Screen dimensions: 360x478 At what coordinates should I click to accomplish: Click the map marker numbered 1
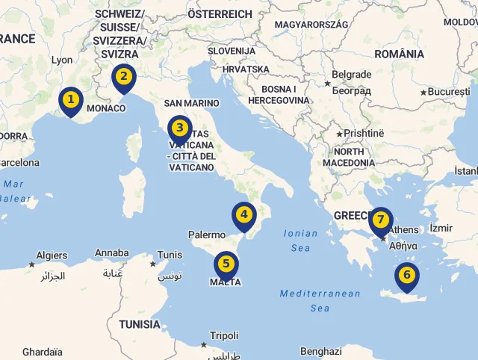pos(71,99)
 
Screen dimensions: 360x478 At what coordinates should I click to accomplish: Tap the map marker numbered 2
pos(123,76)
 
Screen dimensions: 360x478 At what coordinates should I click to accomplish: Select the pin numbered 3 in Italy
pos(179,128)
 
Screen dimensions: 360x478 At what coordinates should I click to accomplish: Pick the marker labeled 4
pos(243,216)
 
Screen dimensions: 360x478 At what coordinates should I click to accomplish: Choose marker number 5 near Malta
pos(226,264)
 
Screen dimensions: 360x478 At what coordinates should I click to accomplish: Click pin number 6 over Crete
pos(407,276)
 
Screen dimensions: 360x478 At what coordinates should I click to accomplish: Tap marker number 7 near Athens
pos(380,220)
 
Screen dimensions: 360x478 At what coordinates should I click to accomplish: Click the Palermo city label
pos(206,235)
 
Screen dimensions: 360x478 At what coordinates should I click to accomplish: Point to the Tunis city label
pos(170,255)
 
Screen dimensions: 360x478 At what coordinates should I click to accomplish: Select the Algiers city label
pos(52,255)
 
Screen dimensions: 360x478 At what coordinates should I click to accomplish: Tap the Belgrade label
pos(351,75)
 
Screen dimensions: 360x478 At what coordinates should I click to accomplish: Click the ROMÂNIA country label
pos(400,54)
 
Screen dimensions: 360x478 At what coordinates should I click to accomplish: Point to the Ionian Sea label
pos(301,240)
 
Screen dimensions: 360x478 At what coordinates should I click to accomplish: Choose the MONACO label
pos(106,108)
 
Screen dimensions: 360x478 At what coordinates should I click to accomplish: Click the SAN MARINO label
pos(191,103)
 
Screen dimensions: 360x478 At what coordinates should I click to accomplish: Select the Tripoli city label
pos(224,335)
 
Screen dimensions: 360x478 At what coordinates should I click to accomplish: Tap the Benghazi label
pos(320,351)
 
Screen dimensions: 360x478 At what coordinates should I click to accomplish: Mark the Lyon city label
pos(62,60)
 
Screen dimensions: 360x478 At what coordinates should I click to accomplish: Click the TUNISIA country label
pos(139,324)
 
